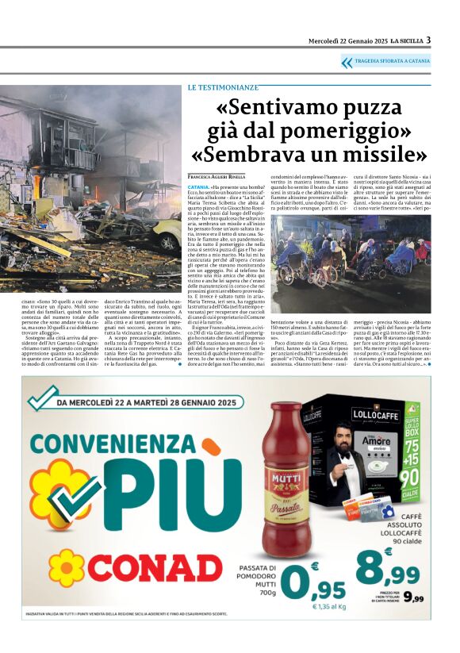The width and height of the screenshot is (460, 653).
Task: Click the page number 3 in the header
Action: pyautogui.click(x=428, y=40)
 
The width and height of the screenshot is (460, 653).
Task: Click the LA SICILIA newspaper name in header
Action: pyautogui.click(x=401, y=41)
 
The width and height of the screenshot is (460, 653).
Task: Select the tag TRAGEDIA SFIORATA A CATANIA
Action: pyautogui.click(x=392, y=61)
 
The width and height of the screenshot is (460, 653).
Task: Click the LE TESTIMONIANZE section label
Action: pyautogui.click(x=223, y=86)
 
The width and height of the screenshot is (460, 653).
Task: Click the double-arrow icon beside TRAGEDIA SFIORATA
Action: pyautogui.click(x=347, y=61)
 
